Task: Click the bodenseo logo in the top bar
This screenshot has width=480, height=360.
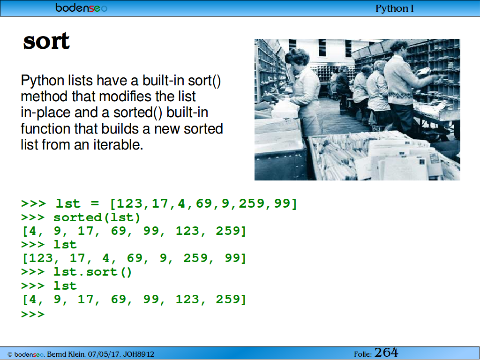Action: click(x=81, y=8)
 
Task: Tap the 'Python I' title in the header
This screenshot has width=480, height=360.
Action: click(x=395, y=8)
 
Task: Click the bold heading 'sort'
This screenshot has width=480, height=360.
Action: click(x=46, y=41)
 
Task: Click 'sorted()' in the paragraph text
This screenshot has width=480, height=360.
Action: click(x=138, y=112)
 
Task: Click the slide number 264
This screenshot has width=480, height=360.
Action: click(x=386, y=352)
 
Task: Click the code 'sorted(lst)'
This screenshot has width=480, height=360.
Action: click(x=97, y=217)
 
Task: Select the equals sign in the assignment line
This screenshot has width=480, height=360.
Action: click(x=95, y=204)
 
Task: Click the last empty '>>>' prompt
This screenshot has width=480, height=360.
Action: click(x=33, y=315)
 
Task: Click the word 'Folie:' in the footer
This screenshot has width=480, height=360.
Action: click(x=363, y=354)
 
